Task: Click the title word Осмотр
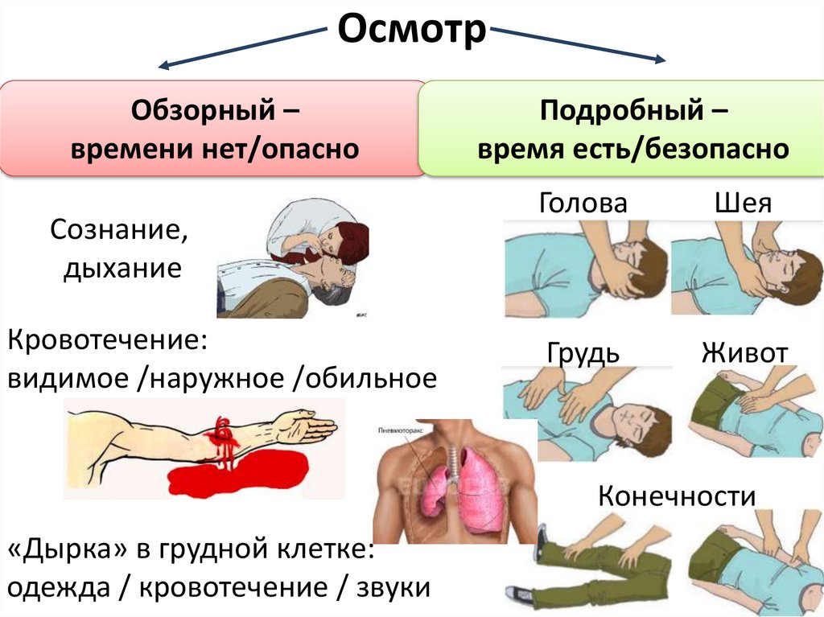411,31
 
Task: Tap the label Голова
583,203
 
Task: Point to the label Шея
743,203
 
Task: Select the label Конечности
676,496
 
